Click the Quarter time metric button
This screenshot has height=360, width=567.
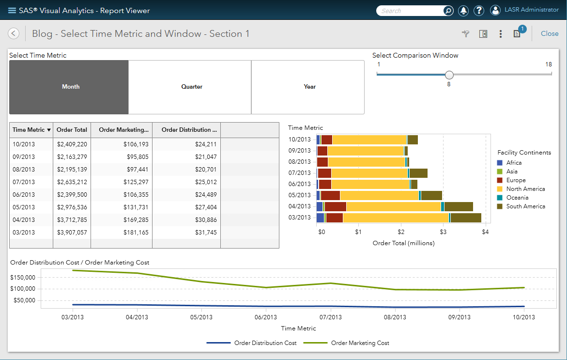[x=192, y=87]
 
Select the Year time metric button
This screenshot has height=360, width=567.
[x=309, y=87]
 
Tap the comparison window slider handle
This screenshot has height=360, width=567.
[x=449, y=75]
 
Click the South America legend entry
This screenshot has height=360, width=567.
[x=525, y=206]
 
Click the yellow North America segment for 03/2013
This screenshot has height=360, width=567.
[x=396, y=218]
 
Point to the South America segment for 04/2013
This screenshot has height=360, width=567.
[x=458, y=206]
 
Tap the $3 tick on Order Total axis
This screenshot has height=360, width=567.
[x=443, y=232]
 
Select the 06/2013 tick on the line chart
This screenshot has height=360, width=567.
[x=266, y=317]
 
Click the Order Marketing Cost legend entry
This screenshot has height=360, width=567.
[x=360, y=343]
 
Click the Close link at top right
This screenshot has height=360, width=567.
[x=550, y=33]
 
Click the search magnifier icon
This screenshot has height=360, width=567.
[x=448, y=11]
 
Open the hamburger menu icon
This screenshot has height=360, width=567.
[x=12, y=11]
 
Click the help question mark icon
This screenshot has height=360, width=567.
[x=478, y=11]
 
